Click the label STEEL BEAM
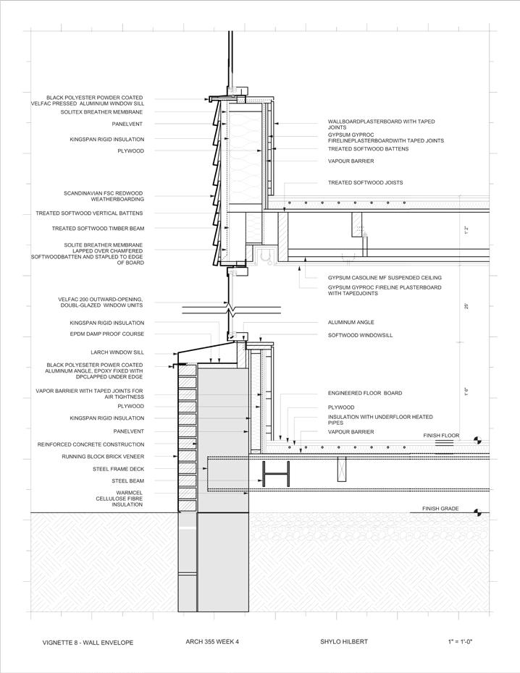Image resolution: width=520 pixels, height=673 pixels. tap(127, 481)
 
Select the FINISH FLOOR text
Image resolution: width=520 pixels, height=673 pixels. tap(441, 436)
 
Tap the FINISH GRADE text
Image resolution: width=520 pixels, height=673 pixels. tap(440, 509)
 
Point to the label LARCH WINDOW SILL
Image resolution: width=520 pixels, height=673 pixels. tap(117, 352)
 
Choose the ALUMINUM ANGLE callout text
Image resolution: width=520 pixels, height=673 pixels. tap(350, 323)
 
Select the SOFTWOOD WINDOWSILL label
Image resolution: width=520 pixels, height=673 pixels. tap(356, 335)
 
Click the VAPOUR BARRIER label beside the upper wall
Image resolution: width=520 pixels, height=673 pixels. tap(351, 161)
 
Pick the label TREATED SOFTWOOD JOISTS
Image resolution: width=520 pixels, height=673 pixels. tap(365, 183)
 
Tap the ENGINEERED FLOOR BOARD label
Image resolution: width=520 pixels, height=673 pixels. tap(364, 394)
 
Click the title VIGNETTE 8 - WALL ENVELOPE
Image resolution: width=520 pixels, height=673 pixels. tap(88, 643)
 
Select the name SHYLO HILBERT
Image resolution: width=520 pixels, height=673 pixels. tap(345, 643)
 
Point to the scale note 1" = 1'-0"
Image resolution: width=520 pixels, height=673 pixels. tap(460, 643)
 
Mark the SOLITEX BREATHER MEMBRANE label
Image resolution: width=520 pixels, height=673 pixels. tap(101, 112)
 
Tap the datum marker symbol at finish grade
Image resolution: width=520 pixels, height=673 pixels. tap(477, 512)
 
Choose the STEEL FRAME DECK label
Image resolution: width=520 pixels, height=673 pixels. tap(118, 469)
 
